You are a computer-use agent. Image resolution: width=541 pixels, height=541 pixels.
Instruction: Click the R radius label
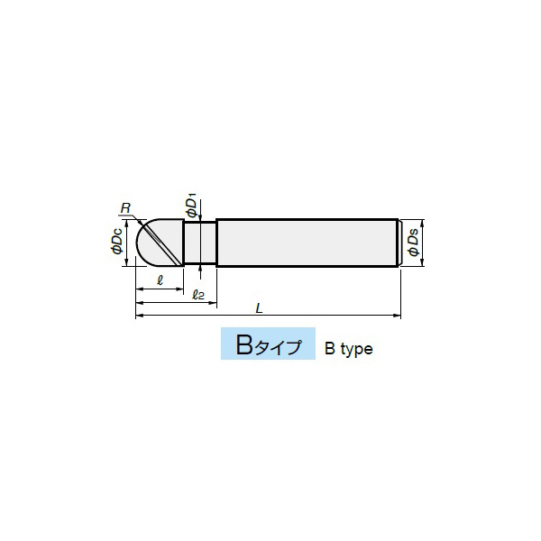tap(126, 208)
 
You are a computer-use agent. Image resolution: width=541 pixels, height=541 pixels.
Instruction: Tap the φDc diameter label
tap(117, 242)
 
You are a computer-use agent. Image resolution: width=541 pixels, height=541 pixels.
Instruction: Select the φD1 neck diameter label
tap(191, 206)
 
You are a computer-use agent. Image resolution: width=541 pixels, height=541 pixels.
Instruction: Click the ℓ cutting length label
tap(160, 280)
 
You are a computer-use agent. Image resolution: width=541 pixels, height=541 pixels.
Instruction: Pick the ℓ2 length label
tap(198, 294)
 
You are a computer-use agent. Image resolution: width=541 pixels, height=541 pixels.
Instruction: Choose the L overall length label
tap(260, 307)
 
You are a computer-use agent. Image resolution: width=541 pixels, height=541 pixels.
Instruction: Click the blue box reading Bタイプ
tap(268, 344)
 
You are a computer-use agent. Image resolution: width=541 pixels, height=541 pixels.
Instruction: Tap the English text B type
tap(348, 349)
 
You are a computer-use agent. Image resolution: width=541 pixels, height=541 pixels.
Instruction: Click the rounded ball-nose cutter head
tap(160, 243)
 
